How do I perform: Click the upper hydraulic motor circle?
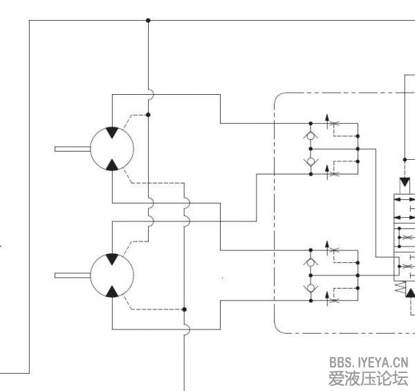111,148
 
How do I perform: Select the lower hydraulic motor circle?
111,275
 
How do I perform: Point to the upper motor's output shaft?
72,148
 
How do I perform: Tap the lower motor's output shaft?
72,275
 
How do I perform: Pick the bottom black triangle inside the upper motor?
111,163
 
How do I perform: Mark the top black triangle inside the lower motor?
111,260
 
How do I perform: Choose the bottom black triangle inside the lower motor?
111,290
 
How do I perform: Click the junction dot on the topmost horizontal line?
148,20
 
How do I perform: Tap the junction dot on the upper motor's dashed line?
148,115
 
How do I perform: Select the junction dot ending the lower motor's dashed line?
185,309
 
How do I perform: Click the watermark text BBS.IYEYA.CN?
369,362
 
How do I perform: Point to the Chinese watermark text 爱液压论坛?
369,378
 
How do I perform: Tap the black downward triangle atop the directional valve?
405,182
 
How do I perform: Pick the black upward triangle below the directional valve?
411,293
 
